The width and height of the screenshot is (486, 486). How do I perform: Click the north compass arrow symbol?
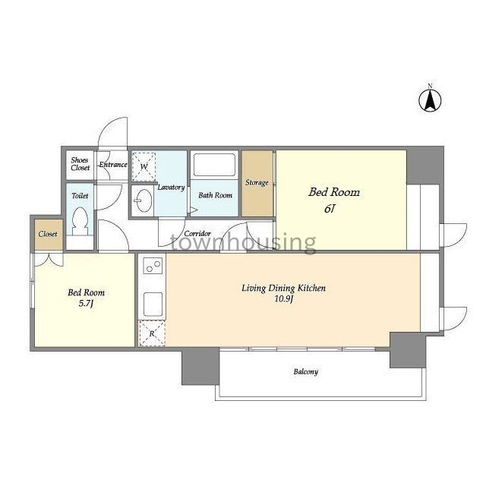click(431, 100)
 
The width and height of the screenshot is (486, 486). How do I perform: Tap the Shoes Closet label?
click(80, 164)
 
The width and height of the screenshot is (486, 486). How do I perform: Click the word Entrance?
click(113, 165)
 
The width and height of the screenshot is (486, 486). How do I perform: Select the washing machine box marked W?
click(144, 167)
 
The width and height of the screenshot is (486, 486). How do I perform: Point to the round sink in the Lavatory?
click(144, 200)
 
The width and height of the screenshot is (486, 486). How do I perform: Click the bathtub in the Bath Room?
click(214, 165)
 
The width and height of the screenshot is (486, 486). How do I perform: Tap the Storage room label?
click(257, 182)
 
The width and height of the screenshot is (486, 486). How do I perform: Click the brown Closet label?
click(48, 234)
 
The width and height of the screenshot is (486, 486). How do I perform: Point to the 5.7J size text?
click(86, 304)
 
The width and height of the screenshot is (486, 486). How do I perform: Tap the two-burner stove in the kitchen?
click(153, 266)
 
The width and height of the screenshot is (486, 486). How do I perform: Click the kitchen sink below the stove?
click(153, 304)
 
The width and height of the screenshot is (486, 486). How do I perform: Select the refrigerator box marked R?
click(152, 333)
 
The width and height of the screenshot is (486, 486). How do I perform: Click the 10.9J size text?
click(283, 299)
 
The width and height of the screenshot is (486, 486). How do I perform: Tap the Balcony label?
click(305, 371)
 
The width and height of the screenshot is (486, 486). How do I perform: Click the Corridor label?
click(197, 233)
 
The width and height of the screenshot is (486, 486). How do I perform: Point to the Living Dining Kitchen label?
click(283, 289)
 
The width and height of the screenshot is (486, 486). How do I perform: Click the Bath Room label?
click(215, 195)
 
